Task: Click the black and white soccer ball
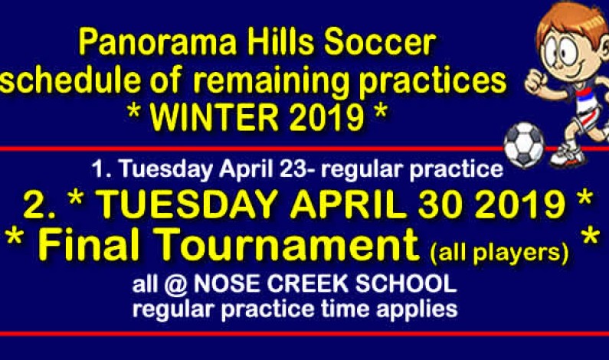click(x=524, y=143)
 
